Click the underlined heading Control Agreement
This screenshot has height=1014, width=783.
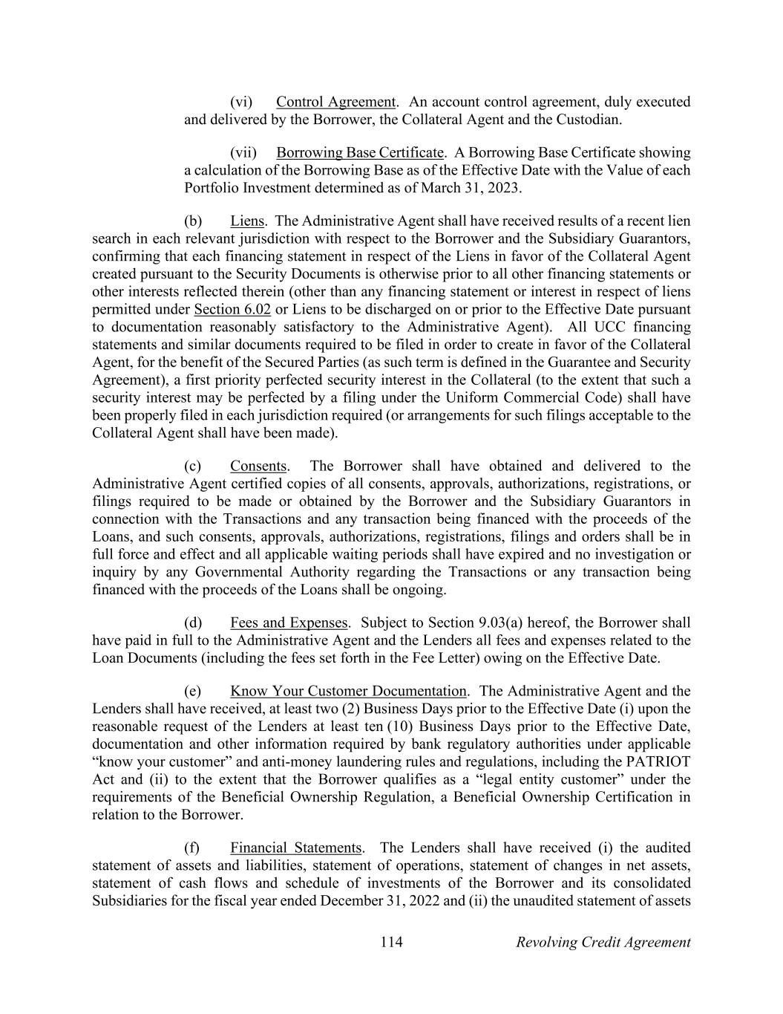click(335, 102)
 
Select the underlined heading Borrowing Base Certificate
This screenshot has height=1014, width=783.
click(359, 153)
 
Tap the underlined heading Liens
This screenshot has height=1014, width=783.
click(247, 221)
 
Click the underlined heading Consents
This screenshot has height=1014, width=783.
click(258, 467)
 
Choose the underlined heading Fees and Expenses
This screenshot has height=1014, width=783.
click(289, 623)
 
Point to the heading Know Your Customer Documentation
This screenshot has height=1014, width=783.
click(348, 692)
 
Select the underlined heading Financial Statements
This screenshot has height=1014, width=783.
click(295, 848)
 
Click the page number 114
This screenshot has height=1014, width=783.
click(391, 943)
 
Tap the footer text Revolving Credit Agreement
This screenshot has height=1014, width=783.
click(603, 943)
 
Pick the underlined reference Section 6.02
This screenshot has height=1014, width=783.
click(232, 309)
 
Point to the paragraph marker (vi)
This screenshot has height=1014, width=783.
click(241, 102)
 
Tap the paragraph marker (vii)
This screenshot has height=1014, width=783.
click(243, 153)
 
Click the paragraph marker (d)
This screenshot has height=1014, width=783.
click(193, 623)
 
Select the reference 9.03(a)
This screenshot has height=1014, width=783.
click(504, 623)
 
